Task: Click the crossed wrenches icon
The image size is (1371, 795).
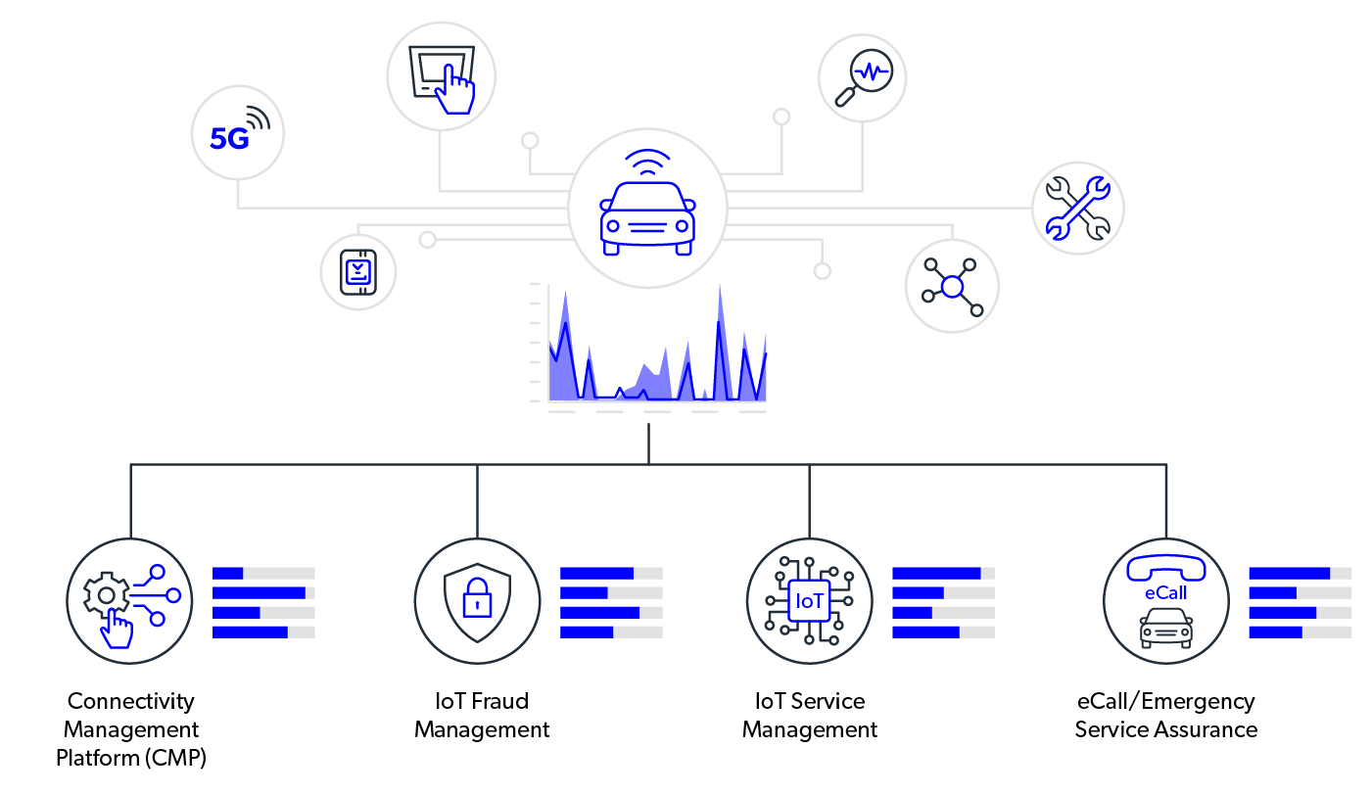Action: click(1077, 208)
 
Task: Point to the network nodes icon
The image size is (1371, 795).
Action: click(952, 286)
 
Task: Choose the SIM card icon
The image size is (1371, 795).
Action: click(358, 271)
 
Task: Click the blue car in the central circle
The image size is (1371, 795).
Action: click(647, 217)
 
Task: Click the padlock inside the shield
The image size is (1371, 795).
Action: click(477, 597)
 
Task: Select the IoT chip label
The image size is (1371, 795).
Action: click(810, 601)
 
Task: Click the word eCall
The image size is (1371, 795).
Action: click(1165, 593)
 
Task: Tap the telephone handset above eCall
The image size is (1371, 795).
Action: click(1165, 568)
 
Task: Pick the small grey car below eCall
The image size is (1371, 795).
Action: click(1165, 628)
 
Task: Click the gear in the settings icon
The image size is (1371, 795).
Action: click(105, 594)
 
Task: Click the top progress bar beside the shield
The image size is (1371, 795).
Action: click(611, 573)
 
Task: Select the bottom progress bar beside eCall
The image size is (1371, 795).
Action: click(1300, 631)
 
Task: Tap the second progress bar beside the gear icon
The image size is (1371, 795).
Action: click(263, 592)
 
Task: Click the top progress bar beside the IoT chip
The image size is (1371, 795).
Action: click(943, 573)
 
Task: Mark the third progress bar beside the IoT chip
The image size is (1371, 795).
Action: click(943, 612)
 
